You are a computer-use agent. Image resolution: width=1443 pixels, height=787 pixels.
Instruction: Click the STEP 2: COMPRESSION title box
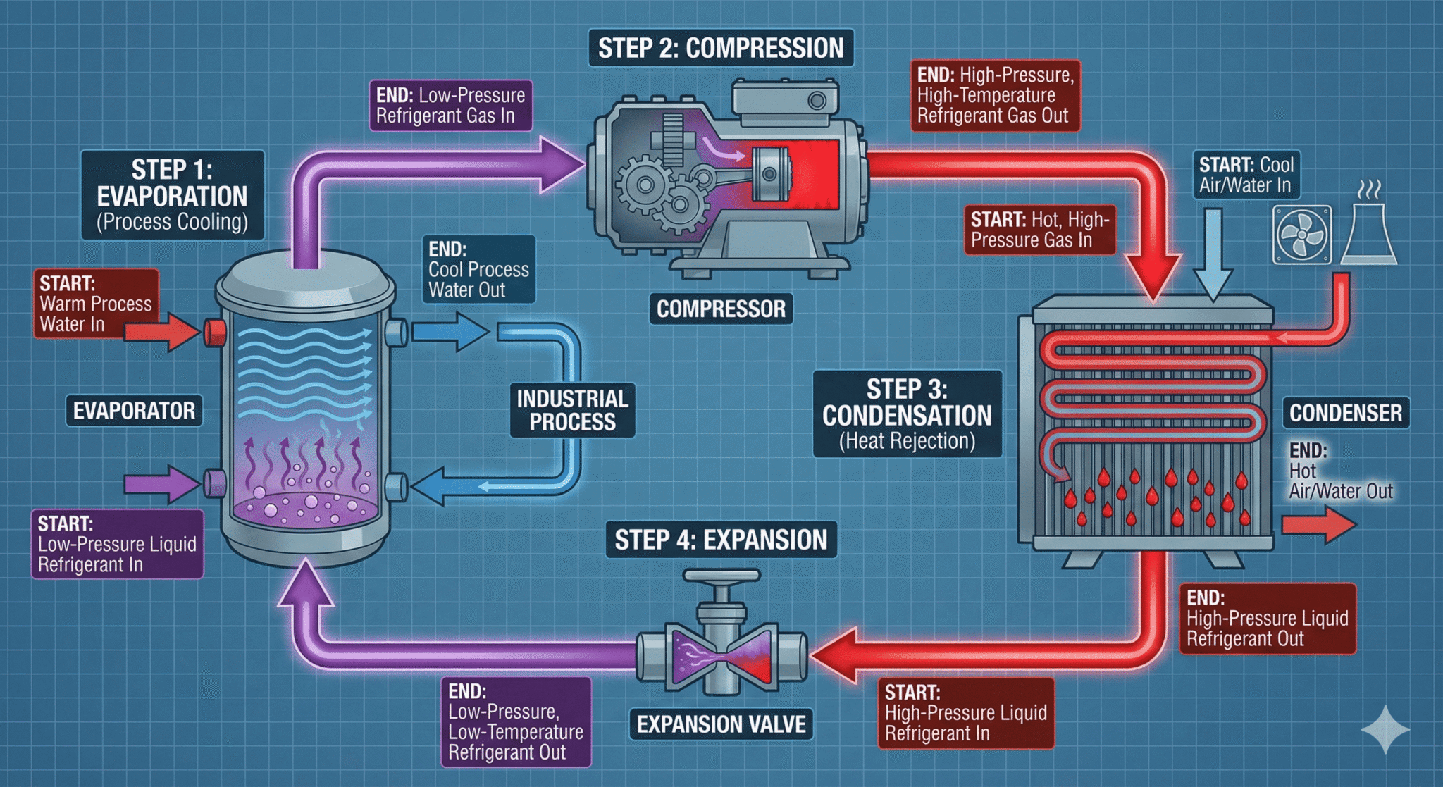[x=721, y=48]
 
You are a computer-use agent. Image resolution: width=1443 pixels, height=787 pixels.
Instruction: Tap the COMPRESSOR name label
[x=721, y=309]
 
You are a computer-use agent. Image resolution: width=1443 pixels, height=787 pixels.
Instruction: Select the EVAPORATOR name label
[x=134, y=411]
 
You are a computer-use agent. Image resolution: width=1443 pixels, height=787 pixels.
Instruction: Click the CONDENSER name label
[x=1345, y=412]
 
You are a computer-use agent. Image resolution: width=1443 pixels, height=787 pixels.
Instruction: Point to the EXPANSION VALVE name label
[x=721, y=724]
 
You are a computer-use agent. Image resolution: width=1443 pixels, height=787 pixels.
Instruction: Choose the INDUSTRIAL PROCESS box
[x=572, y=410]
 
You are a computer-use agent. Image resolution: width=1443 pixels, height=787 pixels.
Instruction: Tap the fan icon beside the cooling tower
[x=1302, y=235]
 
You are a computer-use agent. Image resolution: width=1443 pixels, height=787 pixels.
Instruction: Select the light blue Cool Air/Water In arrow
[x=1213, y=261]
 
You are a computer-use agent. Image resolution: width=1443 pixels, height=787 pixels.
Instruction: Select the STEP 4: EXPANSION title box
[x=721, y=540]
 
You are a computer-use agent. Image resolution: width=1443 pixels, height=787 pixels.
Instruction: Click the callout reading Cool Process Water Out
[x=478, y=270]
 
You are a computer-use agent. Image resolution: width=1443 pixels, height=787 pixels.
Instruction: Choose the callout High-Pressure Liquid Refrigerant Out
[x=1267, y=619]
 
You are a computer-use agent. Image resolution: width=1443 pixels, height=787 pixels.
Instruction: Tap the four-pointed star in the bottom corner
[x=1385, y=730]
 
